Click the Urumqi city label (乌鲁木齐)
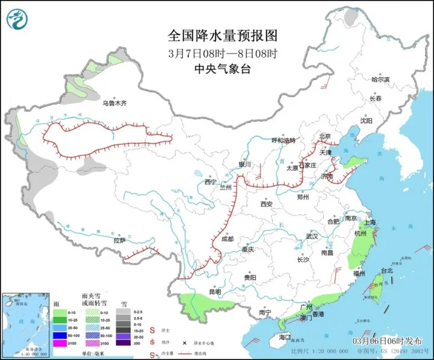[115, 103]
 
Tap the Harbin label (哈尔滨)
[380, 79]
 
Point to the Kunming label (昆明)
[215, 292]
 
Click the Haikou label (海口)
[284, 336]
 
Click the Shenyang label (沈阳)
[366, 121]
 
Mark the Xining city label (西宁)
[210, 182]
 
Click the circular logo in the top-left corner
[18, 19]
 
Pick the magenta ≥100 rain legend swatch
[58, 343]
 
